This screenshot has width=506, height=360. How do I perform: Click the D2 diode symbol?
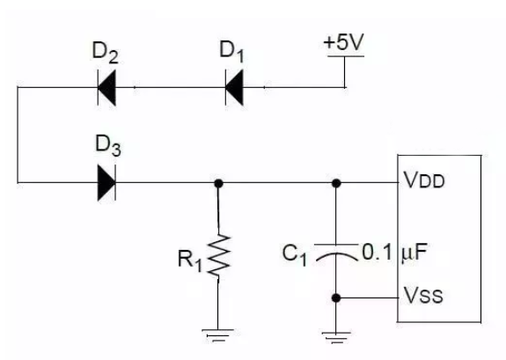pos(107,87)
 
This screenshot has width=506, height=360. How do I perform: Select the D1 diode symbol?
pos(233,87)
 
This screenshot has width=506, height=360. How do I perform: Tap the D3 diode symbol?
pos(106,183)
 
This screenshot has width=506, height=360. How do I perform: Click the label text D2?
pos(106,55)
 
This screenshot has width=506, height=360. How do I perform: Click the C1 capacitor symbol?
pos(335,249)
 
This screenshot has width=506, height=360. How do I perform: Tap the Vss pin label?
pos(422,298)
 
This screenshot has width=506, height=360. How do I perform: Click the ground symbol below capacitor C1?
pos(335,334)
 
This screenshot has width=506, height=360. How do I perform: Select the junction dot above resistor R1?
pos(218,183)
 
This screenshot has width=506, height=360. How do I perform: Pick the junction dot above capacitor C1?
pos(335,183)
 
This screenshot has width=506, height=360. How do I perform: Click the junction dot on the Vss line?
pos(335,298)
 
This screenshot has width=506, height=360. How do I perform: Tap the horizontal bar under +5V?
pos(345,57)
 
